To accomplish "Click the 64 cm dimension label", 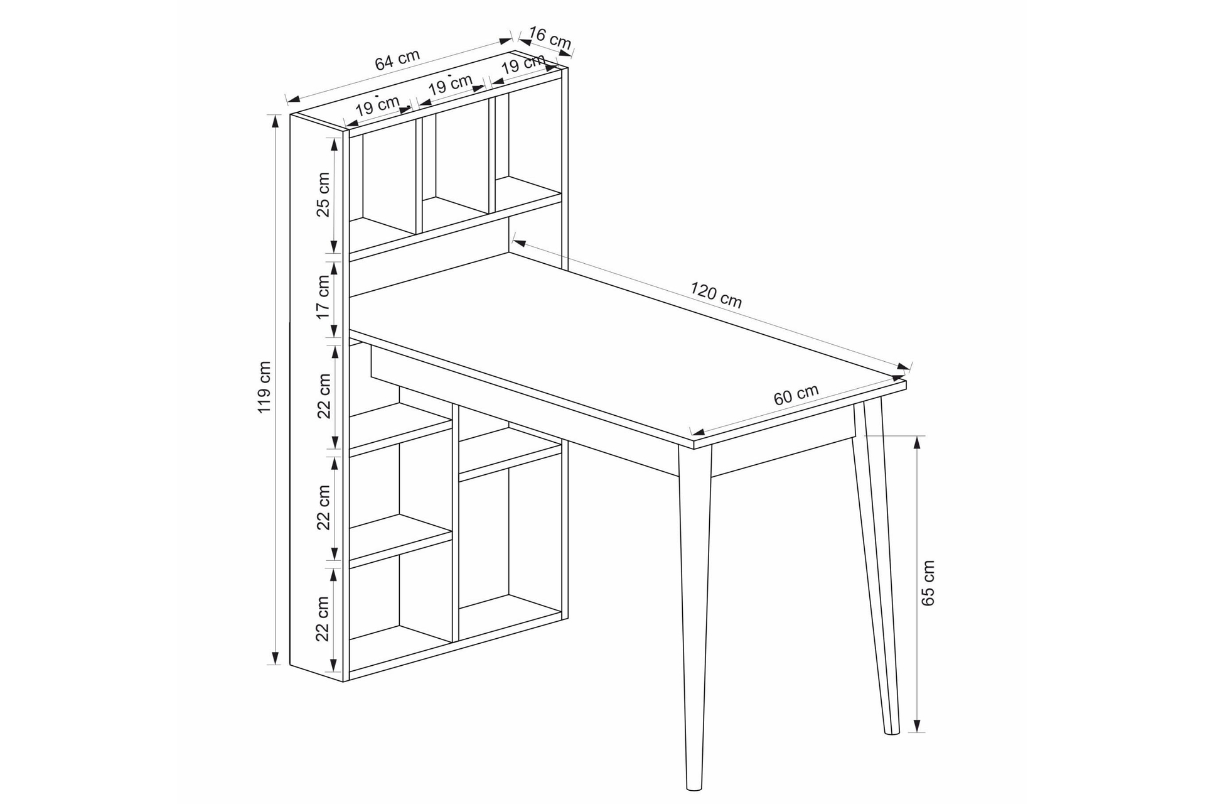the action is pyautogui.click(x=397, y=60).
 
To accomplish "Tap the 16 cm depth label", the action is pyautogui.click(x=550, y=38).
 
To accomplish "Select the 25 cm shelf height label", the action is pyautogui.click(x=323, y=194).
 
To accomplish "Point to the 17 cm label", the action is pyautogui.click(x=323, y=297).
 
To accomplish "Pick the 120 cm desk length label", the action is pyautogui.click(x=716, y=295).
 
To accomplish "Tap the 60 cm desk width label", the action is pyautogui.click(x=796, y=394).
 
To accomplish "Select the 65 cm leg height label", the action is pyautogui.click(x=928, y=583).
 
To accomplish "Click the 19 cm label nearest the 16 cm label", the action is pyautogui.click(x=523, y=63).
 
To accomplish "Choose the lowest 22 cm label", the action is pyautogui.click(x=323, y=619).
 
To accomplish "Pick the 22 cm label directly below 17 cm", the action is pyautogui.click(x=323, y=396).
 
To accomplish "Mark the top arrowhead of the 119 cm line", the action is pyautogui.click(x=274, y=121).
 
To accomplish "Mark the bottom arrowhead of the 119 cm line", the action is pyautogui.click(x=274, y=658).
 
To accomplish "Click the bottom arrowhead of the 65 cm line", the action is pyautogui.click(x=917, y=725).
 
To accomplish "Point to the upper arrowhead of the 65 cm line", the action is pyautogui.click(x=917, y=442).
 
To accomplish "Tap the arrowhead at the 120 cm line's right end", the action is pyautogui.click(x=904, y=366).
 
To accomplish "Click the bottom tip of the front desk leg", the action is pyautogui.click(x=694, y=789).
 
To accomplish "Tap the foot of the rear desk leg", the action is pyautogui.click(x=892, y=732).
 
